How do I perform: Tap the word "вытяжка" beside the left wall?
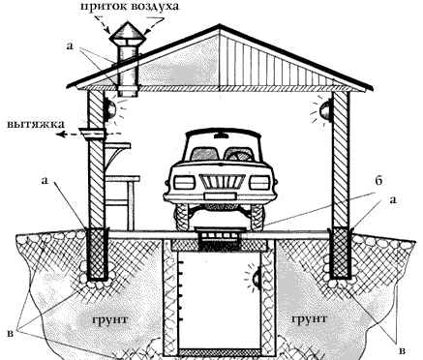tap(35, 124)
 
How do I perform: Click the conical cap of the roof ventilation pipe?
tap(128, 33)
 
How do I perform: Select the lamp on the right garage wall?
tap(325, 110)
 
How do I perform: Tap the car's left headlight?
tap(184, 183)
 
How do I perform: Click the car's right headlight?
tap(259, 183)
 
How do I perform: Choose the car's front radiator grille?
tap(222, 183)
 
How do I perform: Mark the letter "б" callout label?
tap(378, 180)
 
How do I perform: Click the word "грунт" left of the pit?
tap(110, 320)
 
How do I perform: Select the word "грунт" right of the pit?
tap(309, 319)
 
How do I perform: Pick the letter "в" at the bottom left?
tap(11, 333)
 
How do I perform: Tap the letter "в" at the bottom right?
tap(402, 350)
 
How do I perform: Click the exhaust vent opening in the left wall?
tap(93, 133)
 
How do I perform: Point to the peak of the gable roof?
tap(220, 25)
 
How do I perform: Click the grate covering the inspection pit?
tap(220, 237)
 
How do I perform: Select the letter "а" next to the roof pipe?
tap(70, 45)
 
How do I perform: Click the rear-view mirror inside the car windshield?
tap(222, 136)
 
